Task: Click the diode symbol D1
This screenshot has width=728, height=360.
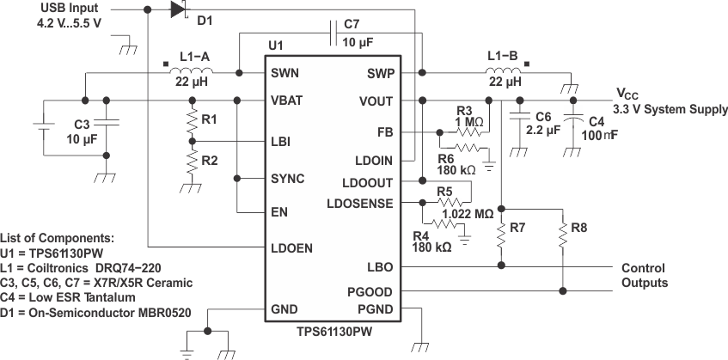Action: tap(178, 9)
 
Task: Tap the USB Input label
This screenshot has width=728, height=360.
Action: tap(71, 8)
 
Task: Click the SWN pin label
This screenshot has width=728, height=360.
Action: tap(286, 73)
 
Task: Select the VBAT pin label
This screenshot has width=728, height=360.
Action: tap(288, 100)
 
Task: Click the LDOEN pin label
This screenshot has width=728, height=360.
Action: tap(291, 248)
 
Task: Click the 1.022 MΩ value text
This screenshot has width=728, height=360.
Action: tap(467, 214)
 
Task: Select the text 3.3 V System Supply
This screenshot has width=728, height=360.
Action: tap(670, 109)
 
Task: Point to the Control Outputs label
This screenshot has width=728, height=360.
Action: tap(644, 275)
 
